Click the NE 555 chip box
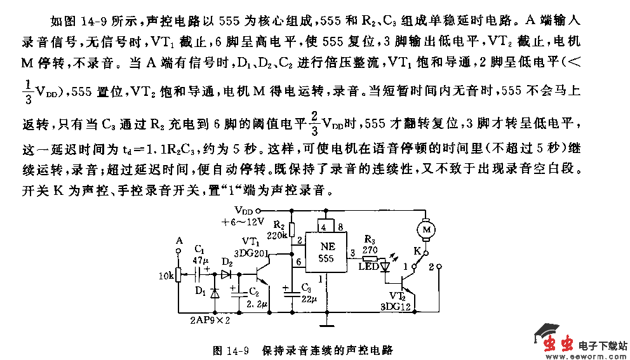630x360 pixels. [326, 254]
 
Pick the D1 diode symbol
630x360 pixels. [215, 293]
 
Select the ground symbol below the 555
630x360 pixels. [326, 327]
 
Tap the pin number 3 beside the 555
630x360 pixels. [352, 253]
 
